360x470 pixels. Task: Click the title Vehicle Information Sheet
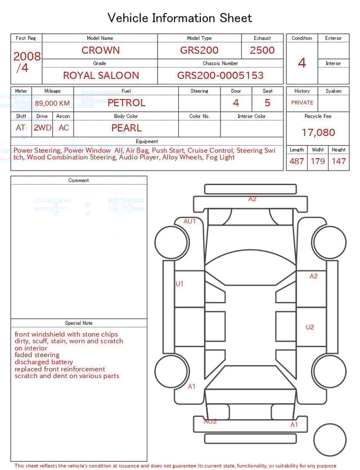[x=179, y=18]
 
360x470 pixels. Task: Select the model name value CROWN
[x=100, y=50]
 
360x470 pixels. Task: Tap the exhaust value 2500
[x=262, y=50]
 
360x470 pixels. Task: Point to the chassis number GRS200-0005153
[x=220, y=75]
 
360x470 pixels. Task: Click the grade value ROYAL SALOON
[x=101, y=75]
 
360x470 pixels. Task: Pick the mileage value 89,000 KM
[x=52, y=104]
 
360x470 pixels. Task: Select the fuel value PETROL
[x=126, y=103]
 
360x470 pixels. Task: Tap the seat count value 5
[x=267, y=103]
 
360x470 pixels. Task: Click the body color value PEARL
[x=126, y=128]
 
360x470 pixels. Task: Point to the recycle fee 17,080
[x=318, y=133]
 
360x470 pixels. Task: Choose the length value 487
[x=296, y=161]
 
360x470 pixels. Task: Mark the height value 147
[x=339, y=161]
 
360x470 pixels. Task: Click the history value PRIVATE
[x=302, y=103]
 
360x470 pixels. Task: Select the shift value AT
[x=21, y=128]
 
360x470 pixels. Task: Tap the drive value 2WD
[x=42, y=128]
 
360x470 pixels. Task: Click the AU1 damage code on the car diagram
[x=190, y=221]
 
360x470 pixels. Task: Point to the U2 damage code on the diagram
[x=310, y=327]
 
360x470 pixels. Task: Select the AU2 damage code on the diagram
[x=210, y=422]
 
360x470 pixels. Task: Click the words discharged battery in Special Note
[x=44, y=362]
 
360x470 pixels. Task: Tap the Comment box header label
[x=79, y=181]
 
